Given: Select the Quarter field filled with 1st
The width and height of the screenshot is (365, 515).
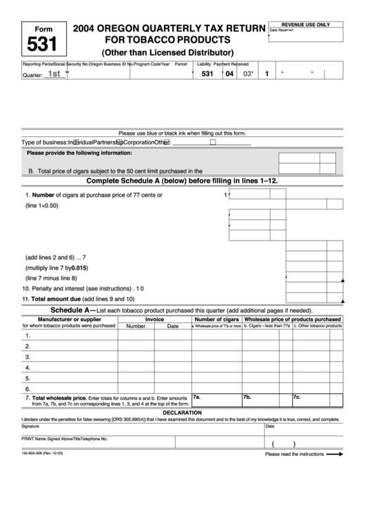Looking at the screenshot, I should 54,74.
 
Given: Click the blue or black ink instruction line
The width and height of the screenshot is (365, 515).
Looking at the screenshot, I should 182,133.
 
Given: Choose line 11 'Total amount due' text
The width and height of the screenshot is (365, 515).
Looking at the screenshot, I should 78,299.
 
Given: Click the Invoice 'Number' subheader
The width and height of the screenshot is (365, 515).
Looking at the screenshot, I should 136,327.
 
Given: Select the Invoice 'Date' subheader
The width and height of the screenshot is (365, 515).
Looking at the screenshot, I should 172,327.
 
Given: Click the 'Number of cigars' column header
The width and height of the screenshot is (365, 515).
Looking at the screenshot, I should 216,319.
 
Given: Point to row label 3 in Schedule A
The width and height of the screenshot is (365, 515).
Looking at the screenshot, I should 28,357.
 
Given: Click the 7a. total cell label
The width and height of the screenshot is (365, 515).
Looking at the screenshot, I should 196,397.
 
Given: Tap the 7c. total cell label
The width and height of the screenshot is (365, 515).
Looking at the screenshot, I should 297,397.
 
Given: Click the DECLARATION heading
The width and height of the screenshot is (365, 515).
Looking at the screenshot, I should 182,413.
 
